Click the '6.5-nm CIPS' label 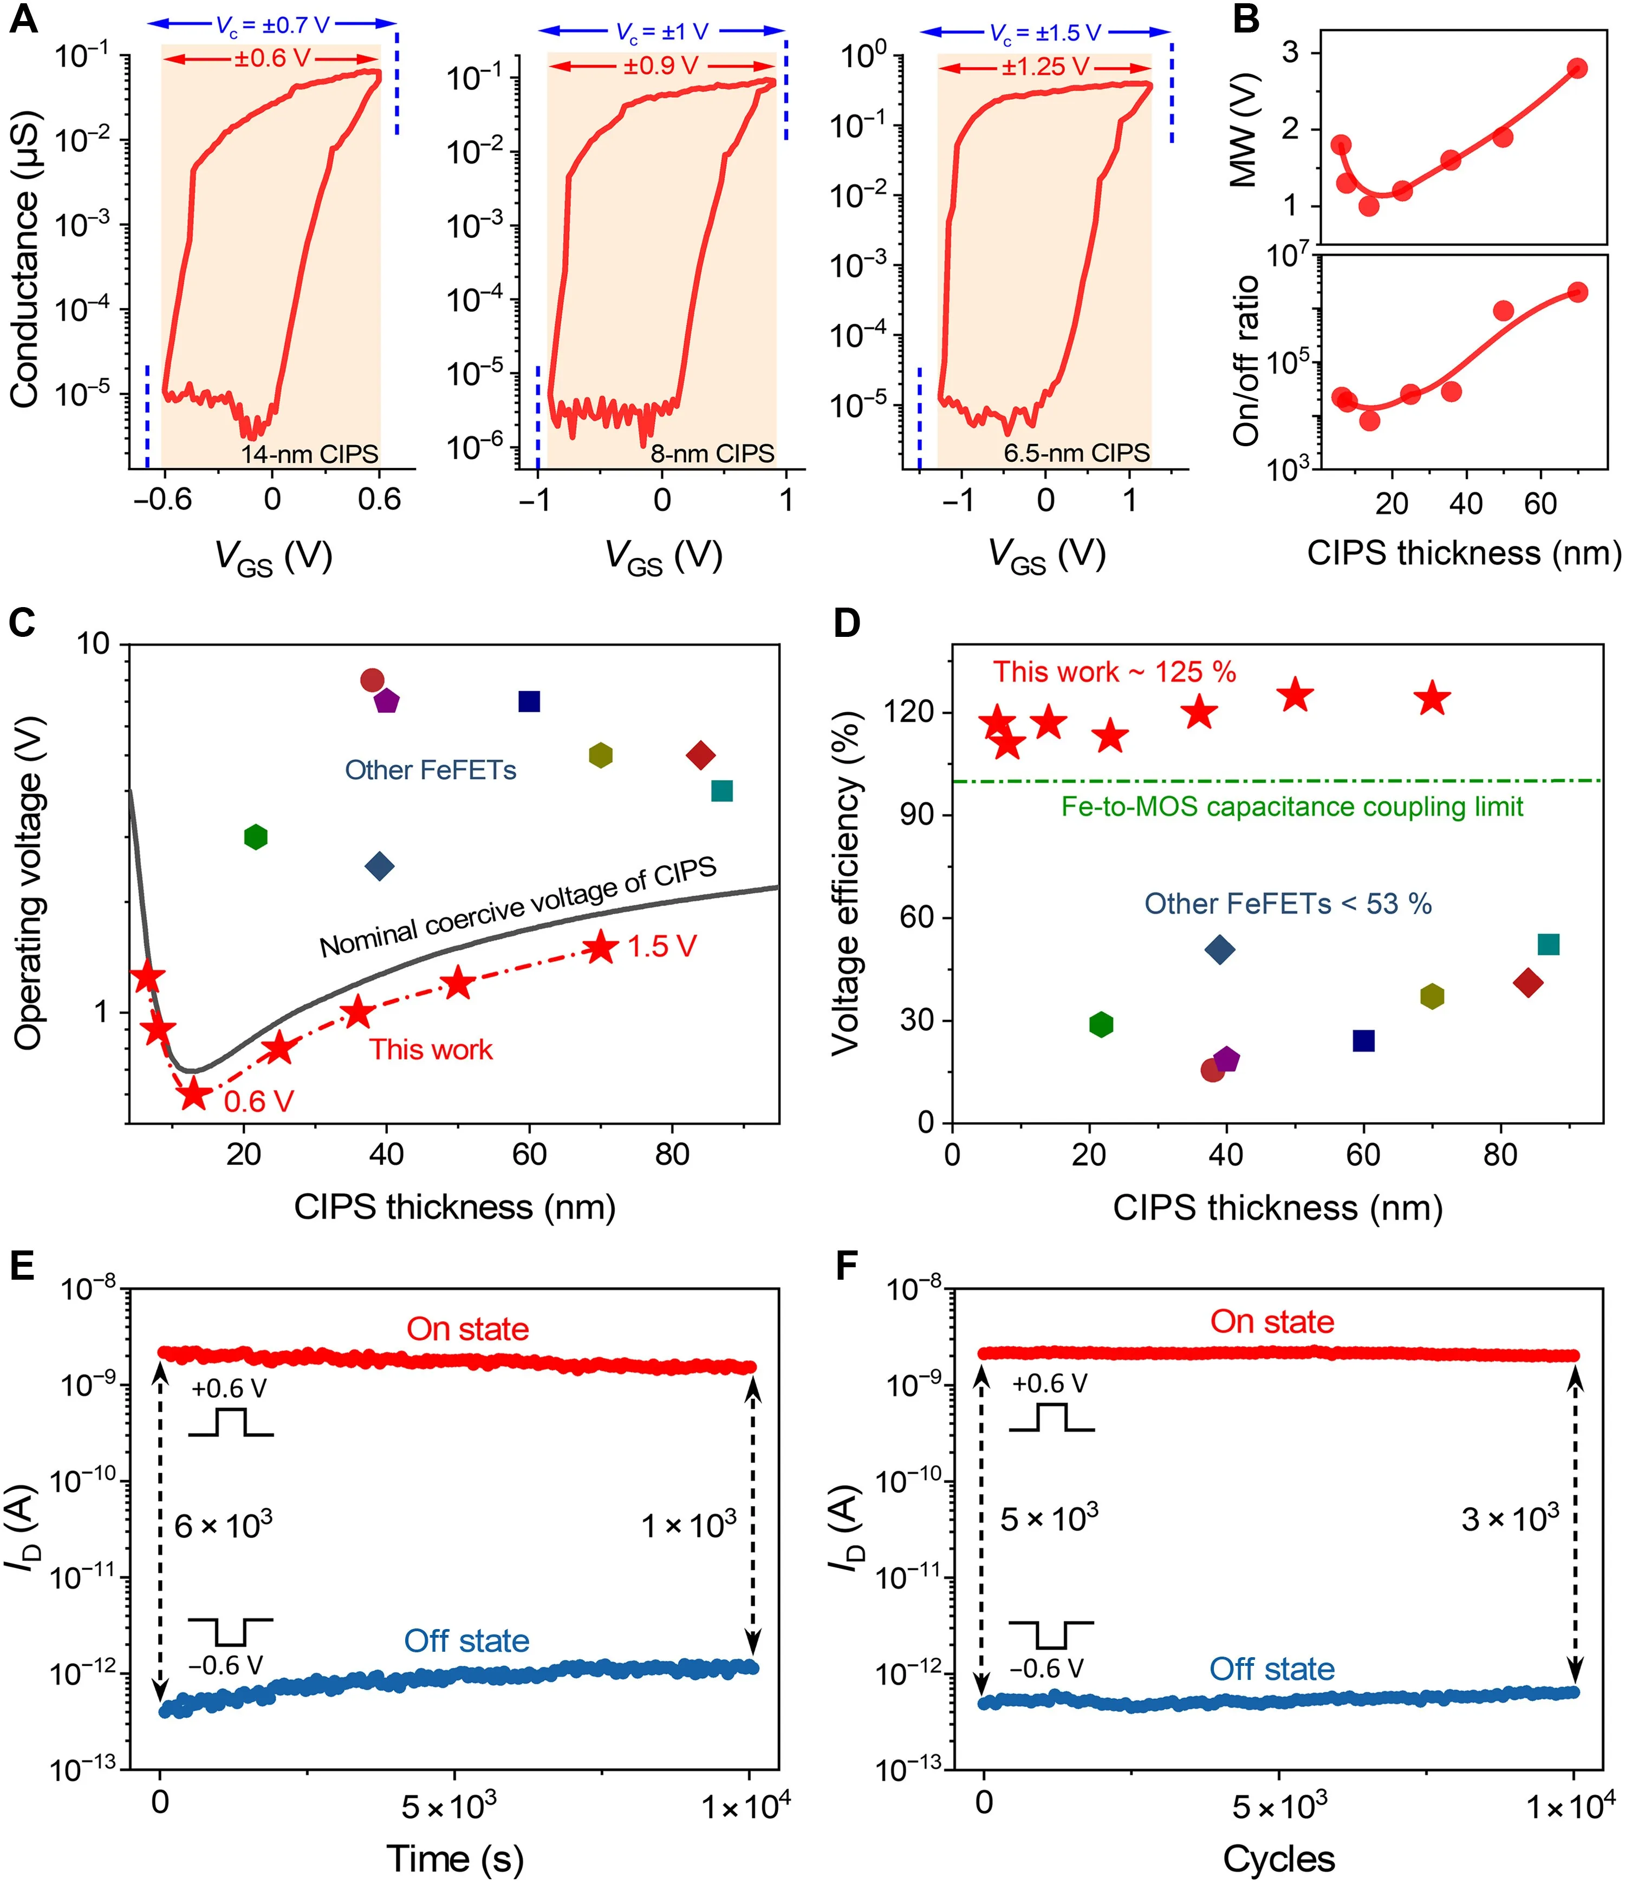point(1077,453)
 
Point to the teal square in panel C point(721,791)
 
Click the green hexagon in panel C point(256,837)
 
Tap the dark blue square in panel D point(1363,1040)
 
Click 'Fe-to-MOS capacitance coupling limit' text point(1292,807)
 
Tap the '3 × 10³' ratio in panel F point(1510,1517)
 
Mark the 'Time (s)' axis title point(456,1859)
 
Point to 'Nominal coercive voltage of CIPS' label point(518,907)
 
